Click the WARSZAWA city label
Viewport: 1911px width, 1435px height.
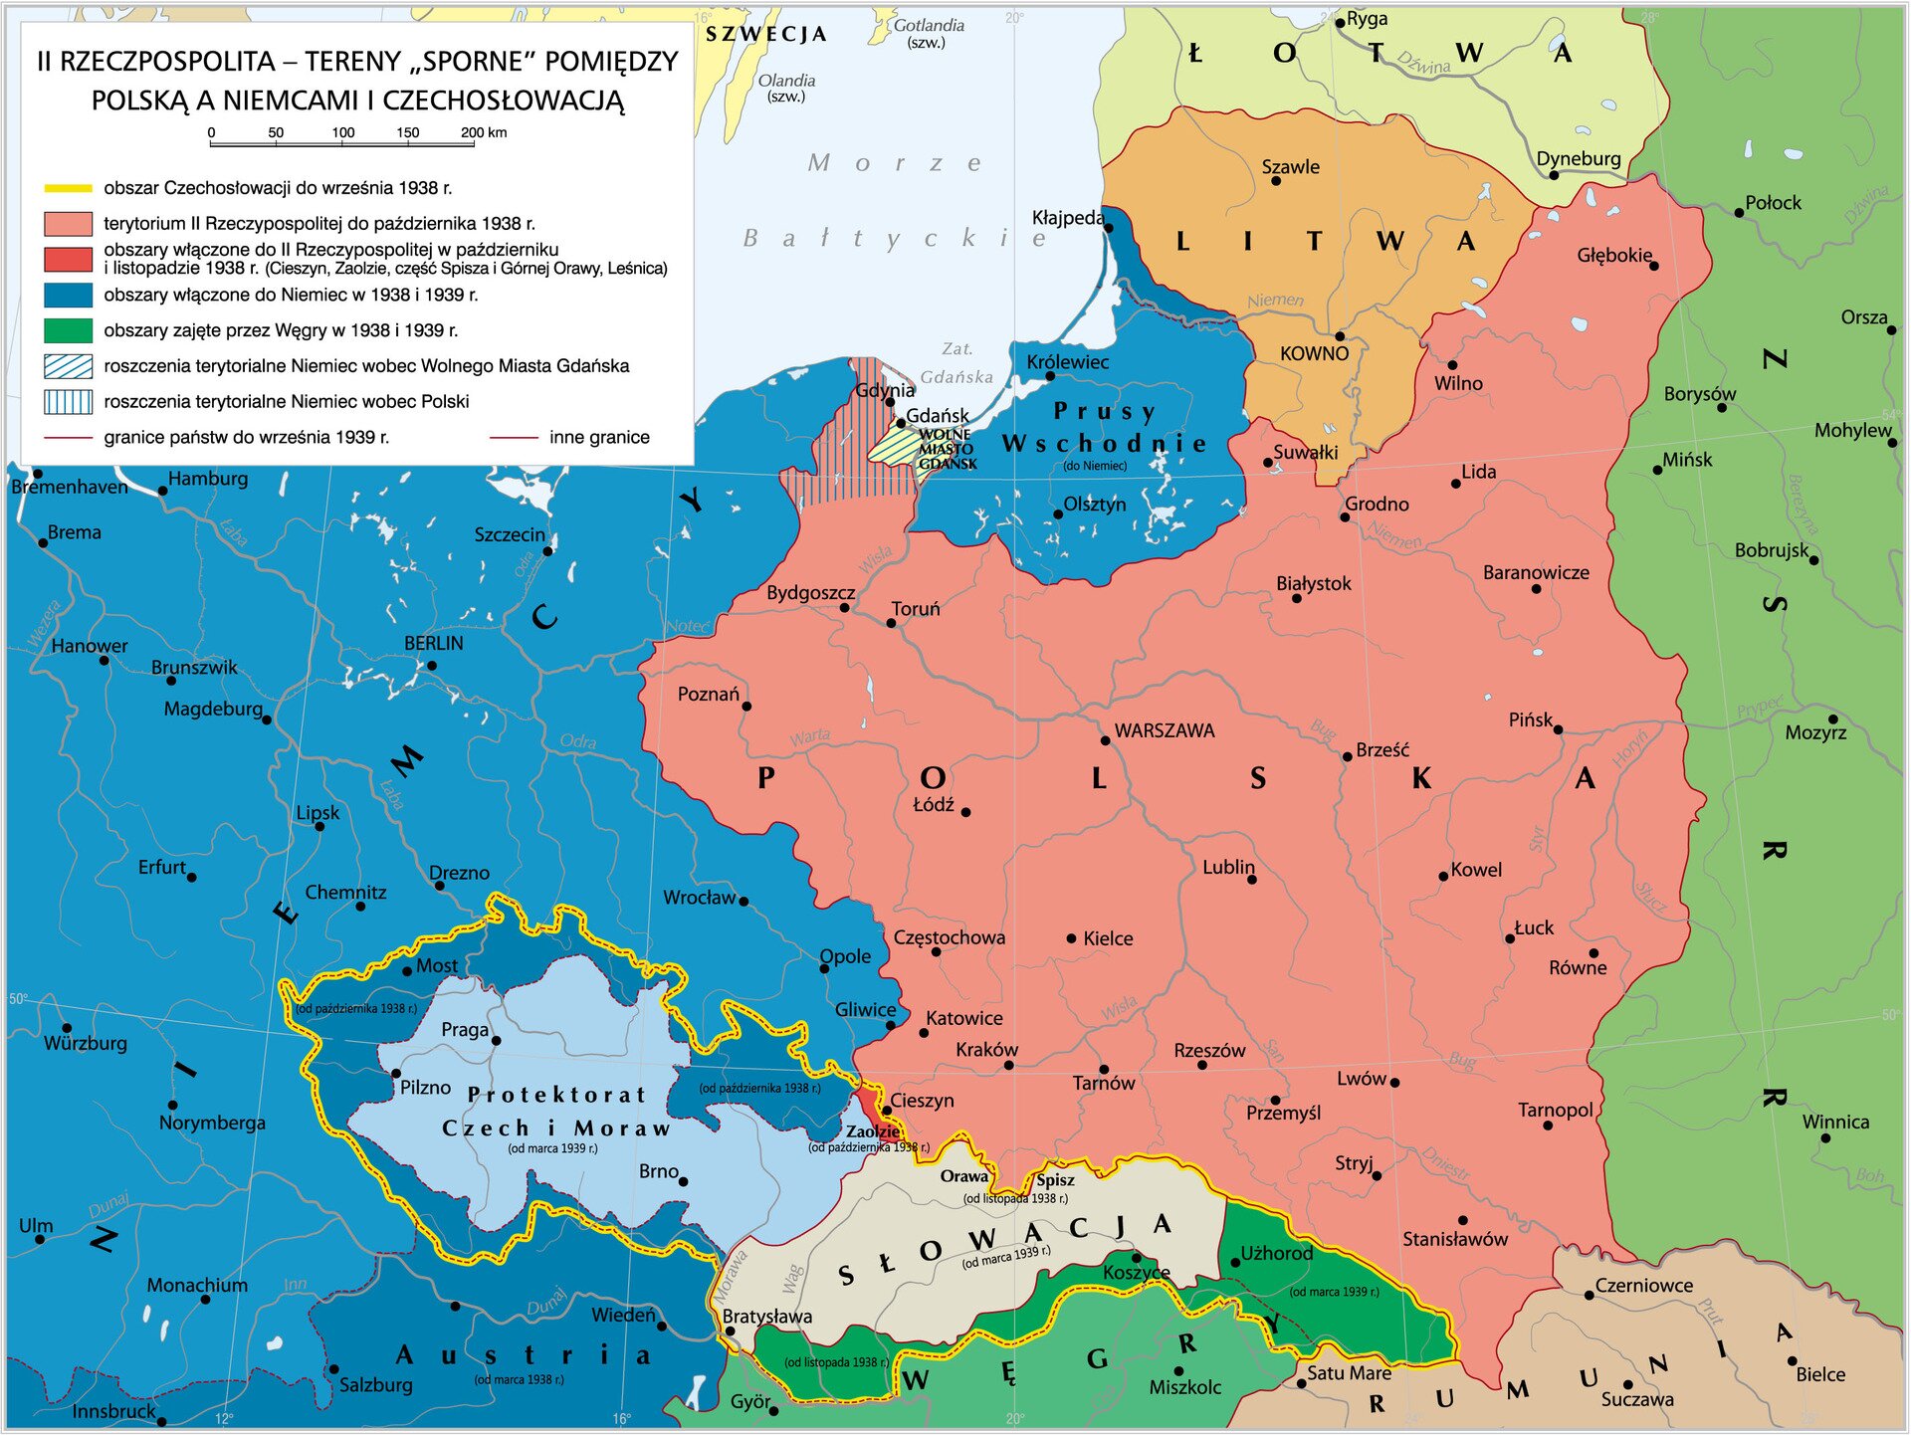pos(1164,731)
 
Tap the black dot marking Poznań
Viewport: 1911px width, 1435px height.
pos(746,707)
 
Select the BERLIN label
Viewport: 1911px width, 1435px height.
pos(433,644)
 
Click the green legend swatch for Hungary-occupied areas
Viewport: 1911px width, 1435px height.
pos(69,330)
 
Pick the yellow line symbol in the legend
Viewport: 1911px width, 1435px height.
pos(69,188)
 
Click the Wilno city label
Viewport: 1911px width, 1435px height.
pos(1458,383)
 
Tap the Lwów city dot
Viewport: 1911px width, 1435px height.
pos(1394,1083)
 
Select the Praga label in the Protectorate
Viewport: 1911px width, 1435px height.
pos(465,1030)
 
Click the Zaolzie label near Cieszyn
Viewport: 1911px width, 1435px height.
pos(873,1131)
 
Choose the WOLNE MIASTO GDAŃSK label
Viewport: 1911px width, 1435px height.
pos(946,449)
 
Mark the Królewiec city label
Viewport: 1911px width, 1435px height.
pos(1067,362)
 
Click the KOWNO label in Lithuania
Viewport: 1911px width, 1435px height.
pos(1314,354)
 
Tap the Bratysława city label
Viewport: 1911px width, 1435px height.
pos(766,1317)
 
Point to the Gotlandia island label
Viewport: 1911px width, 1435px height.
pos(929,26)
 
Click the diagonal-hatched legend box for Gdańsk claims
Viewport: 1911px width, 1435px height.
pos(69,366)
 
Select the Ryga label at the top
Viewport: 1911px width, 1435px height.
pos(1367,19)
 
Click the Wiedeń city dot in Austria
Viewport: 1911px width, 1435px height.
pos(662,1327)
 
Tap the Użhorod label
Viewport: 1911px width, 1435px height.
pos(1276,1254)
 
